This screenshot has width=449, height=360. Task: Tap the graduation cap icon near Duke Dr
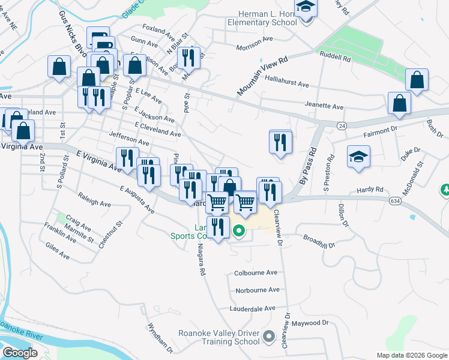pyautogui.click(x=358, y=157)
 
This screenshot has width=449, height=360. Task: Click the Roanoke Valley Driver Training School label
pyautogui.click(x=218, y=337)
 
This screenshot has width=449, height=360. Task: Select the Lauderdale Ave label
pyautogui.click(x=252, y=308)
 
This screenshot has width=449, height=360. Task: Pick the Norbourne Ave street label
pyautogui.click(x=258, y=290)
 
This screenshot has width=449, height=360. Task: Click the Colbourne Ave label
pyautogui.click(x=256, y=272)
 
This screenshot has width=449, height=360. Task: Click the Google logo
pyautogui.click(x=19, y=352)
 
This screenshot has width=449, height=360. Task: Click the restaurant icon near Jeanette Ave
pyautogui.click(x=280, y=142)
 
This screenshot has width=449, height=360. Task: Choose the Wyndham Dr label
pyautogui.click(x=160, y=338)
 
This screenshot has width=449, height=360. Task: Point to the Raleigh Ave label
pyautogui.click(x=95, y=200)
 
